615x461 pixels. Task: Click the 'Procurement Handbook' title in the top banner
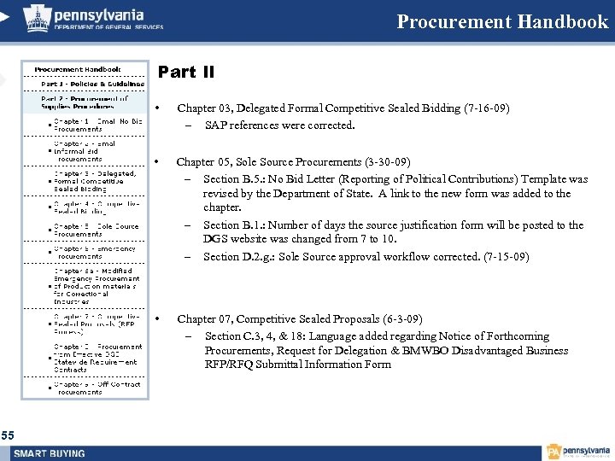pos(502,22)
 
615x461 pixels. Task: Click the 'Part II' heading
pos(186,73)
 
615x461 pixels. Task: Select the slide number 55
pos(8,436)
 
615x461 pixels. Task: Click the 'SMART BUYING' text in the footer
pos(50,453)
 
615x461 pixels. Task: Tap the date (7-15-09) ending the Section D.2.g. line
pos(507,257)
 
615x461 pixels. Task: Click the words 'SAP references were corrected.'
pos(279,125)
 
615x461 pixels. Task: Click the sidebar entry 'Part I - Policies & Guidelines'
pos(92,85)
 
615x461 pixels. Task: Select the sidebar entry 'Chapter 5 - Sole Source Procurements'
pos(96,230)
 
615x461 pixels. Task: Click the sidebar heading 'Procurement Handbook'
pos(78,69)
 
